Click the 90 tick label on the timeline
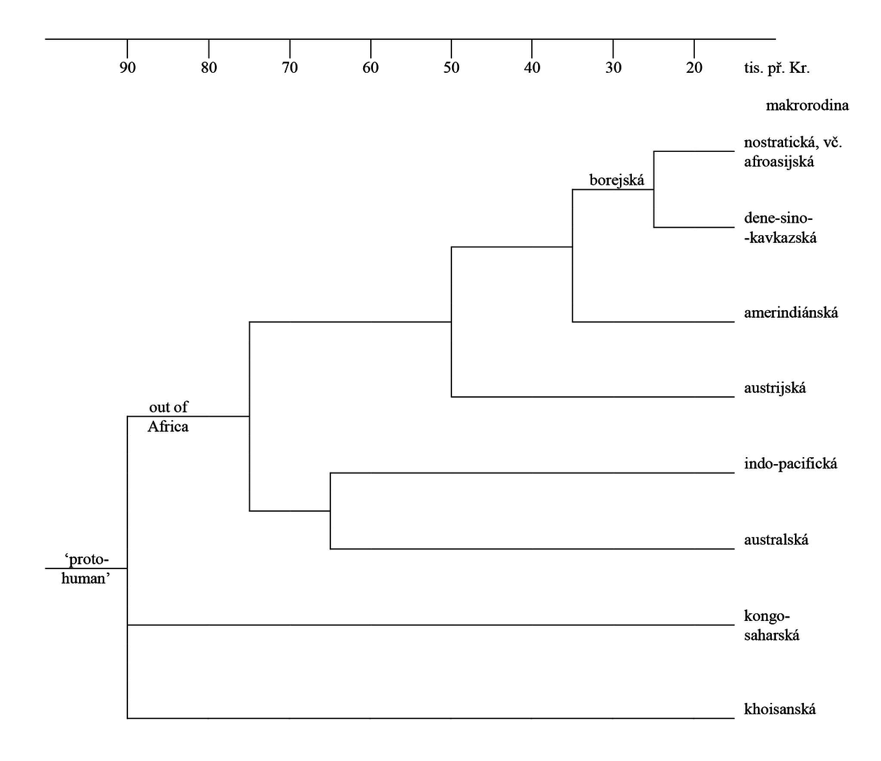click(127, 67)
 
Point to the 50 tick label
click(451, 67)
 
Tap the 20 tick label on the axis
click(694, 67)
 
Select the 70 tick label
click(290, 67)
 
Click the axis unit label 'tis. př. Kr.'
click(777, 68)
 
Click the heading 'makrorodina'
click(808, 105)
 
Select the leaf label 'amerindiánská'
click(791, 313)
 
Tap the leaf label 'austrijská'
click(775, 388)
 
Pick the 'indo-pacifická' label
click(791, 464)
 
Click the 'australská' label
click(776, 540)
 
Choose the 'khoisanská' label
click(780, 708)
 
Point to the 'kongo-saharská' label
click(772, 625)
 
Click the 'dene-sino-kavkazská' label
click(780, 228)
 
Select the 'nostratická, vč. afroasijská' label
click(794, 152)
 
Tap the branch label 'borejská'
click(616, 180)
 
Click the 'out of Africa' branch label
click(168, 417)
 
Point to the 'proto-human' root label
click(85, 568)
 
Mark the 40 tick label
click(533, 67)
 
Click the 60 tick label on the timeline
click(371, 67)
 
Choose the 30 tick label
click(613, 67)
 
